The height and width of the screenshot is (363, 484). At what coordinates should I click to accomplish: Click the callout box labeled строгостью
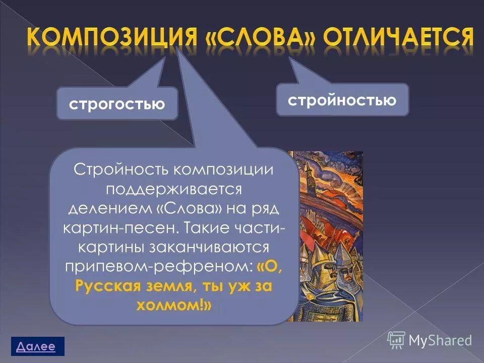[117, 104]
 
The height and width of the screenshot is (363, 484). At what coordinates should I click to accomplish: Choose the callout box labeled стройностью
[342, 100]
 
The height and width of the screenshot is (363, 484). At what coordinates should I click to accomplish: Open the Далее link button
[35, 346]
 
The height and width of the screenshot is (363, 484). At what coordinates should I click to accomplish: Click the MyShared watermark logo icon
[396, 340]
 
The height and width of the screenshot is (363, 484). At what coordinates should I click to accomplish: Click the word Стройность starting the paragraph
[120, 170]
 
